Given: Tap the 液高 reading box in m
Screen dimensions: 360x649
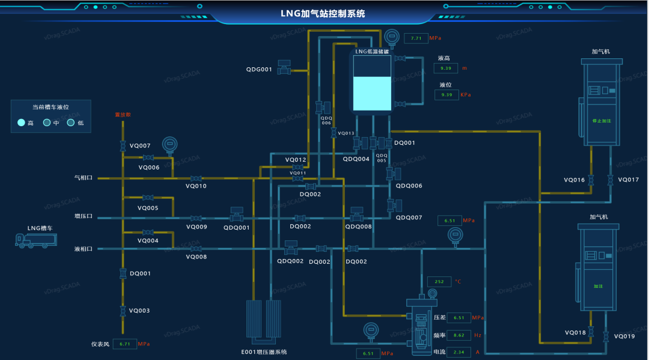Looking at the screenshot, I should click(x=446, y=69).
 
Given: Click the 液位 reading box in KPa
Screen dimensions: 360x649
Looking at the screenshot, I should click(x=446, y=95).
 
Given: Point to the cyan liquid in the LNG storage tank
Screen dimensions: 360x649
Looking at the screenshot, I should click(x=371, y=93).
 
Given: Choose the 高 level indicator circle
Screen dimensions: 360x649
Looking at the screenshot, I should click(x=22, y=123).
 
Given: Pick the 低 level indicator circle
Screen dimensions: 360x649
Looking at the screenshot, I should click(x=70, y=123).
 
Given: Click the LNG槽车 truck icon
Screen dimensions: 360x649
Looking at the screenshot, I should click(x=36, y=240).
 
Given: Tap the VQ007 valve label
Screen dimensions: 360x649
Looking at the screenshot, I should click(x=140, y=146).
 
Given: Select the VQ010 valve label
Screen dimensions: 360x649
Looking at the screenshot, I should click(x=196, y=186).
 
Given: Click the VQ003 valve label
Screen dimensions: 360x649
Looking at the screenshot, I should click(x=139, y=311).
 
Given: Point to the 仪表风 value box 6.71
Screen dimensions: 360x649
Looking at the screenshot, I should click(x=125, y=344).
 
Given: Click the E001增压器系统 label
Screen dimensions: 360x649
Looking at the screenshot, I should click(x=264, y=352).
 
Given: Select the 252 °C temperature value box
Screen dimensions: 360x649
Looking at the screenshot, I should click(x=439, y=282).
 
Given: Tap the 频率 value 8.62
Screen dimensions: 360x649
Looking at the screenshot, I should click(x=459, y=335).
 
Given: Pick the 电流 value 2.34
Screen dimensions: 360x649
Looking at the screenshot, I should click(x=459, y=352).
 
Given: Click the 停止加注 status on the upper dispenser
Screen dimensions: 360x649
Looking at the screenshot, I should click(x=602, y=121).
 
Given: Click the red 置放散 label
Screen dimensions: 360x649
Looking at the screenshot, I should click(x=123, y=114).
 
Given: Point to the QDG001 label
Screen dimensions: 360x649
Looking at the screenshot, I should click(x=259, y=70).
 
